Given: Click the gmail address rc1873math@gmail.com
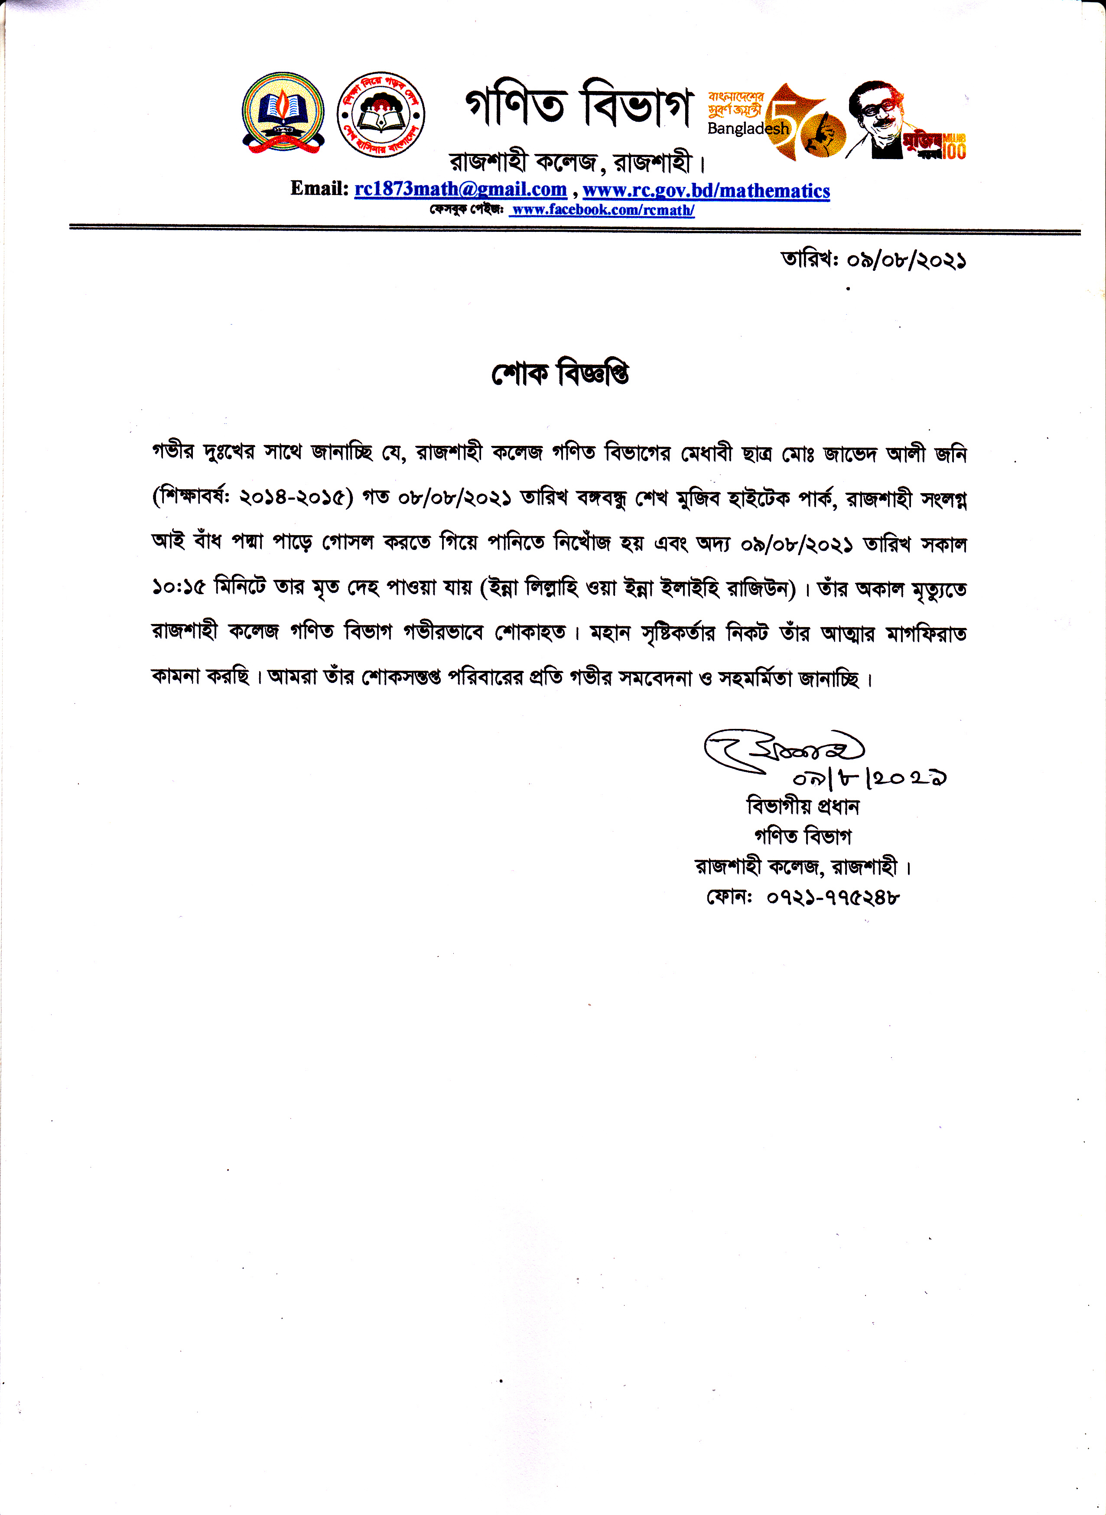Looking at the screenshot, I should tap(461, 189).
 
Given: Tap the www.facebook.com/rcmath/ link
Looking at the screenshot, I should tap(602, 210).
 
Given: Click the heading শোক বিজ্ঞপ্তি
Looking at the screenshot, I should tap(560, 374).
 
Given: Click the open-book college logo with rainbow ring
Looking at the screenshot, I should tap(284, 113).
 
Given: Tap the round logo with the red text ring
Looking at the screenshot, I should tap(380, 114).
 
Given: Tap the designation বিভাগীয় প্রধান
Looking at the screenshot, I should tap(802, 806).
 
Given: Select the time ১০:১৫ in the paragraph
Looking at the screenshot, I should tap(177, 588).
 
